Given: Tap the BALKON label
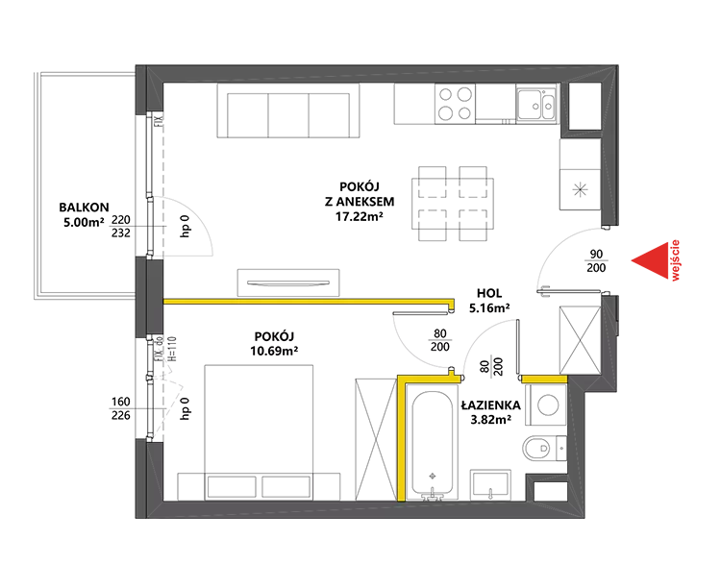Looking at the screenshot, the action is (x=84, y=208).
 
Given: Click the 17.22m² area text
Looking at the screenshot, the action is (x=360, y=216).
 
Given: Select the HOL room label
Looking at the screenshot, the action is (x=489, y=293).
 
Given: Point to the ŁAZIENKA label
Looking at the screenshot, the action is (x=491, y=405).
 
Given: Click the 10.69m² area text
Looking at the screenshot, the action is (x=274, y=351).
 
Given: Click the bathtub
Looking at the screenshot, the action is (x=432, y=445).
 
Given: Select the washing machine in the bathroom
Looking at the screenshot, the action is (x=548, y=405).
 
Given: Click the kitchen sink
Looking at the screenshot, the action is (x=536, y=104).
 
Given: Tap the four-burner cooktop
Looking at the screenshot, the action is (x=455, y=104).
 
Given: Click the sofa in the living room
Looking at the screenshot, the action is (x=288, y=110).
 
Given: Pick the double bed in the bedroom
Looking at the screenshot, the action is (x=259, y=432).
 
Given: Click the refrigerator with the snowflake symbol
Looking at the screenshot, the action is (x=581, y=189).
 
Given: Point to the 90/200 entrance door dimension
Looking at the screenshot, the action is (x=596, y=260).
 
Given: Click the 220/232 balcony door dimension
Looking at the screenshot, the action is (x=121, y=226).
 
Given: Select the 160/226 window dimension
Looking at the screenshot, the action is (x=121, y=408).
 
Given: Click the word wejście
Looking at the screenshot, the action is (x=675, y=260).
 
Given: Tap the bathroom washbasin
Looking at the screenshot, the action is (x=490, y=485).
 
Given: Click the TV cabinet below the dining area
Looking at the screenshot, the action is (x=288, y=282).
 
